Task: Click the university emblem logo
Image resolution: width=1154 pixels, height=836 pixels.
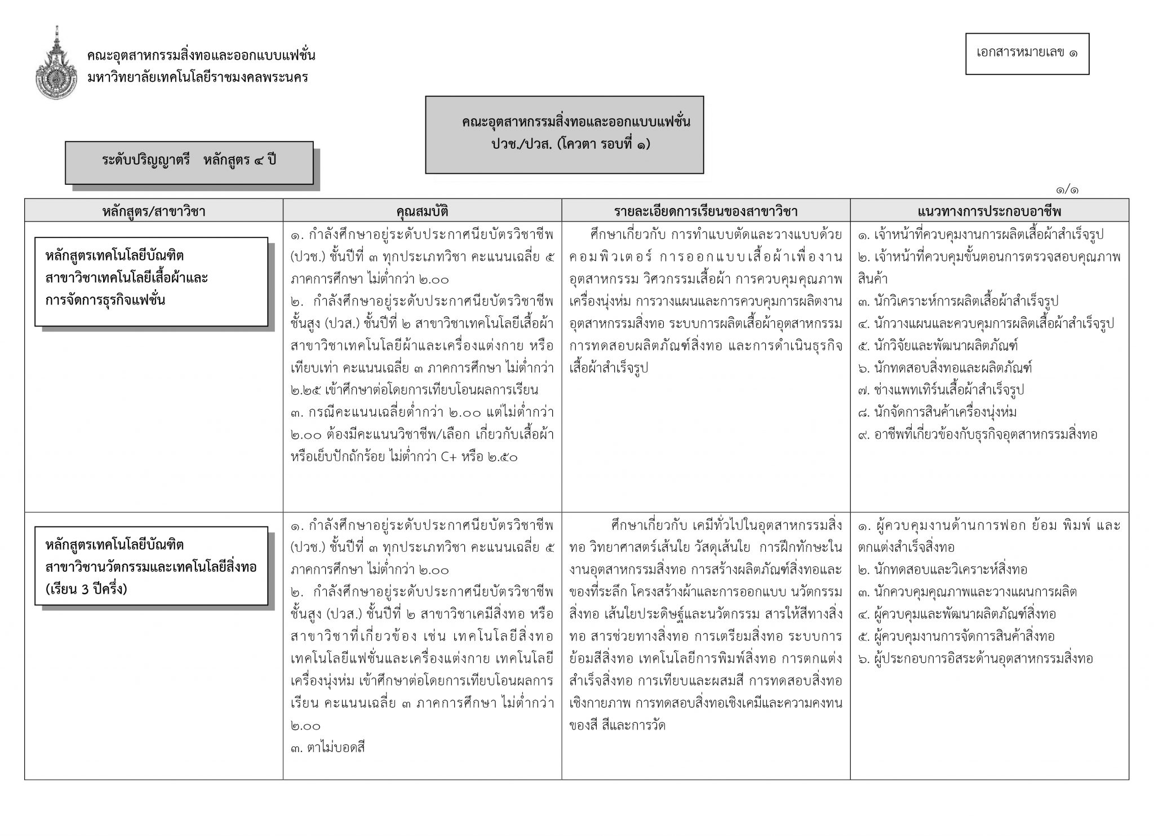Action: tap(56, 63)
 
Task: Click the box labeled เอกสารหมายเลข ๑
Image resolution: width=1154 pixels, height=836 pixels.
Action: tap(1027, 54)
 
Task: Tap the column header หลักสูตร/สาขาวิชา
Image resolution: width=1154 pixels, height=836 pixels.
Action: tap(153, 211)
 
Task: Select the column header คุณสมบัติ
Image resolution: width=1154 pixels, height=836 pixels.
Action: tap(422, 211)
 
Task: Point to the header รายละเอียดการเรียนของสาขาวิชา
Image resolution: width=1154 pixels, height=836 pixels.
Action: tap(705, 211)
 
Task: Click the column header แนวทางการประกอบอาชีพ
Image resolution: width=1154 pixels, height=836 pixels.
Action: tap(989, 211)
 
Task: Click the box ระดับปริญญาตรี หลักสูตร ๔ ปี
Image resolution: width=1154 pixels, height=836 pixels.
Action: tap(189, 161)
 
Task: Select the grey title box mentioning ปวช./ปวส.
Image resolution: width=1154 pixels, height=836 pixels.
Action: tap(564, 134)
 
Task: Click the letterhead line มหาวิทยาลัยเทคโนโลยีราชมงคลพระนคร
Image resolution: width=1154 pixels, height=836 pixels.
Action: tap(198, 77)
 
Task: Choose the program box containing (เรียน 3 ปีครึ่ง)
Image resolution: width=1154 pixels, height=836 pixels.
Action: tap(151, 566)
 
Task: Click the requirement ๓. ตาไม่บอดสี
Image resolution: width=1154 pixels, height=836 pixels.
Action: tap(329, 748)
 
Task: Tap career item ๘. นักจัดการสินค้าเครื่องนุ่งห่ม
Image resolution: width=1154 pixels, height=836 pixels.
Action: tap(937, 412)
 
